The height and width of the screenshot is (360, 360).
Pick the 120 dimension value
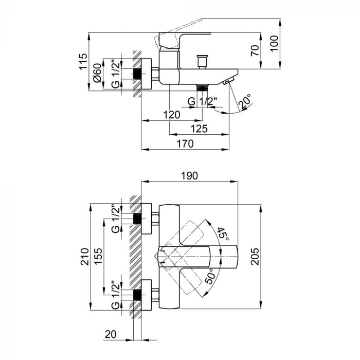tap(172, 114)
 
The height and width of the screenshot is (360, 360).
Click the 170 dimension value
tap(184, 143)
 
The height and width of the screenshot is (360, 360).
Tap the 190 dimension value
tap(189, 176)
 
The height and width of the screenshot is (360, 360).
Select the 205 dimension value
tap(254, 256)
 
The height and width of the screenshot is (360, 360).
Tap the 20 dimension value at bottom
tap(110, 334)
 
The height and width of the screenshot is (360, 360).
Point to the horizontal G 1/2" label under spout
tap(202, 101)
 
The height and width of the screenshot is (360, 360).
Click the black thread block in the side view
tap(137, 73)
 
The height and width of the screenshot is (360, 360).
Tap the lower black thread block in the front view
tap(137, 295)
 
